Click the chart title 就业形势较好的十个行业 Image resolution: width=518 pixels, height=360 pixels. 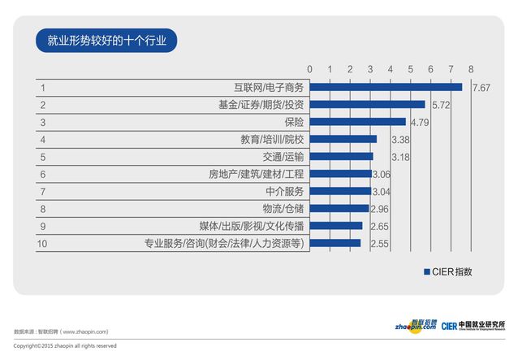(x=106, y=41)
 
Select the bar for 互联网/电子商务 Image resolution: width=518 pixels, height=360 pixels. (x=386, y=87)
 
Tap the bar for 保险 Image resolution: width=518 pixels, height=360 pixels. (x=357, y=122)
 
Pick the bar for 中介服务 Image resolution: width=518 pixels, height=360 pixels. (x=339, y=191)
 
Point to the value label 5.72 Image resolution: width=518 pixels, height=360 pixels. (x=442, y=105)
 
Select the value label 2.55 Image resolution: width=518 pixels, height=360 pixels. (x=379, y=243)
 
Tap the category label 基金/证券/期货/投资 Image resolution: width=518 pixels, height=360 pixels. (x=261, y=105)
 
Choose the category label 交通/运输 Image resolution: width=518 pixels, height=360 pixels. (x=283, y=157)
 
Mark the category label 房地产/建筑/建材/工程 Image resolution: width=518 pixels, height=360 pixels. (x=257, y=174)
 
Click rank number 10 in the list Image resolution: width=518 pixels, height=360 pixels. (x=45, y=243)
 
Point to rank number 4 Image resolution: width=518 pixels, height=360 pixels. (x=42, y=140)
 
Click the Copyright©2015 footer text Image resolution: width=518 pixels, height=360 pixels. (x=65, y=346)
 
